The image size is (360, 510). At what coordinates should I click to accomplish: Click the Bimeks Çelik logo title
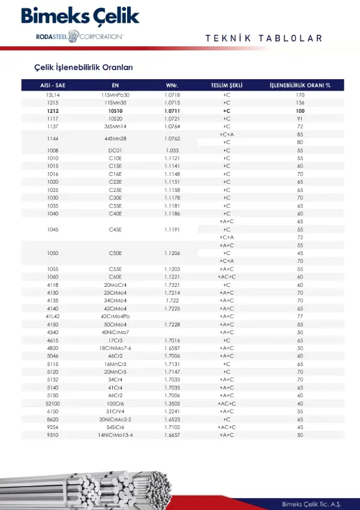[80, 16]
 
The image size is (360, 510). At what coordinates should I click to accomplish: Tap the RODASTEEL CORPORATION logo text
[79, 37]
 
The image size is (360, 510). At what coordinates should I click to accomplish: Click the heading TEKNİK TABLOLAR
[263, 38]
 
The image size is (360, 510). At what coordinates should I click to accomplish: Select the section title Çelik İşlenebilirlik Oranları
[83, 68]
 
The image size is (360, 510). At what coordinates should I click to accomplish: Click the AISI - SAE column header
[53, 85]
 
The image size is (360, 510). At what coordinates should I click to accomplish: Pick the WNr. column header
[172, 85]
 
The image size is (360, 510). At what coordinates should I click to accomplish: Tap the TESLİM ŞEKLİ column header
[226, 85]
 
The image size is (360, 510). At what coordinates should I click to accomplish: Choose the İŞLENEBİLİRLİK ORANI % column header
[300, 85]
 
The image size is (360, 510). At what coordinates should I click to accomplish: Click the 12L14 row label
[53, 95]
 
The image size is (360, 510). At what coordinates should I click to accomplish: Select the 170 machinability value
[300, 95]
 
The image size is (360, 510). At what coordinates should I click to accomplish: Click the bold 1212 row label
[53, 111]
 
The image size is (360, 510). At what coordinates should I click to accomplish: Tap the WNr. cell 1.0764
[172, 127]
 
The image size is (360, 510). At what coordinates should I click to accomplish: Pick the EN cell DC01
[115, 150]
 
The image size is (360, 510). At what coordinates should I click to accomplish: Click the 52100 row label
[53, 404]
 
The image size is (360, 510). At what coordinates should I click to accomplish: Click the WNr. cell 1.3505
[172, 404]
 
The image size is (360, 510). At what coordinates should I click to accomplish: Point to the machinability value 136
[300, 103]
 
